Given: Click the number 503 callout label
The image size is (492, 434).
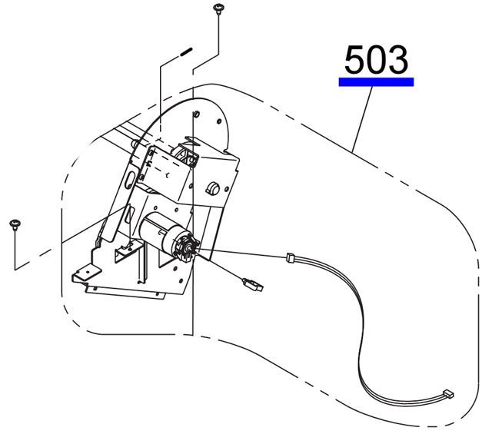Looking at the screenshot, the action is coord(376,60).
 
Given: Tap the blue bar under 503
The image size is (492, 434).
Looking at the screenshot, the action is coord(376,82).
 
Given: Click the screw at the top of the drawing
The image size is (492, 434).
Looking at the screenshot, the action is coord(218,8).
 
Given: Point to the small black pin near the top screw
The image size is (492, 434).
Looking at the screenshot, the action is coord(186,51).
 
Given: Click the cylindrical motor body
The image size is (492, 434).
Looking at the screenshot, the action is coord(158,231).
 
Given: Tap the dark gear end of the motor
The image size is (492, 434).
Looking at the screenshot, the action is coord(188,247).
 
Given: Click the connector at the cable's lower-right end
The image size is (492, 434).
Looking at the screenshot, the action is coord(448,393).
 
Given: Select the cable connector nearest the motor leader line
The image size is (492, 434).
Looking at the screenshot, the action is coord(291,258).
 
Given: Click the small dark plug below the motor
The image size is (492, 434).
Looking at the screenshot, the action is coord(253,284).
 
